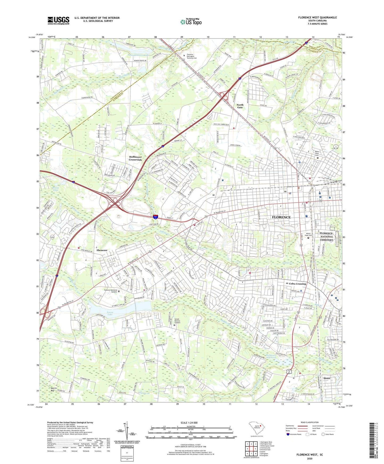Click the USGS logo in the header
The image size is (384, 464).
point(58,20)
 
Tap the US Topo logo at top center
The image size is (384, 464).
point(191,22)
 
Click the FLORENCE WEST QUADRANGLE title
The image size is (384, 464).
point(317,18)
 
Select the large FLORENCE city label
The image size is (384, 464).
point(281,217)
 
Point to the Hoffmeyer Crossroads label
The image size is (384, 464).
point(135,158)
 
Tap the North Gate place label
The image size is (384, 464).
point(240,106)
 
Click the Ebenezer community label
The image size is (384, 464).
point(102,250)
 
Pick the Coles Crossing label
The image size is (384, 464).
point(297,284)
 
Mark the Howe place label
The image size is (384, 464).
point(327,378)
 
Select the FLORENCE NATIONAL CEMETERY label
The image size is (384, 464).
point(326,237)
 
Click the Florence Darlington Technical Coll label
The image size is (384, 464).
point(192,56)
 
